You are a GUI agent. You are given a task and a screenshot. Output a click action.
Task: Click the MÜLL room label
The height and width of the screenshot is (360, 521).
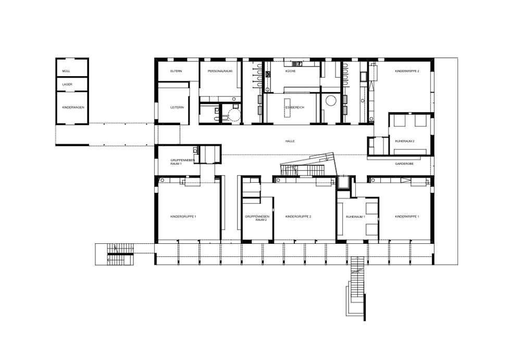66,71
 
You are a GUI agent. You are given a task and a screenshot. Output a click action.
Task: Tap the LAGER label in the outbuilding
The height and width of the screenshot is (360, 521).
67,84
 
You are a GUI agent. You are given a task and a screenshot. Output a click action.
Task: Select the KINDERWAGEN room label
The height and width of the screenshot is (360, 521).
73,108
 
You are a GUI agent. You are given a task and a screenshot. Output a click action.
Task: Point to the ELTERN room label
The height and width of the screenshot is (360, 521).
176,71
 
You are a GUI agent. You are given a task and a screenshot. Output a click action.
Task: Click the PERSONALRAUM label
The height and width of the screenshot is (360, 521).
220,71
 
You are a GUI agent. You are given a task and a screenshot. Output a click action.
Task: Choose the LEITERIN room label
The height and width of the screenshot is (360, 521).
177,108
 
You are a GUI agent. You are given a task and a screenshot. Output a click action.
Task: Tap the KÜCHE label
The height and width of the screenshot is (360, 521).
290,71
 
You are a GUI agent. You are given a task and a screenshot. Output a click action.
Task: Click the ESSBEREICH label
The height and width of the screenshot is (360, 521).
295,108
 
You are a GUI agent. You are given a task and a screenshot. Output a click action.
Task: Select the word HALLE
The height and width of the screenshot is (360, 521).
290,141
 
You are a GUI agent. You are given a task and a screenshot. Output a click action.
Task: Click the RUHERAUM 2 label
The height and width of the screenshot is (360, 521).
405,141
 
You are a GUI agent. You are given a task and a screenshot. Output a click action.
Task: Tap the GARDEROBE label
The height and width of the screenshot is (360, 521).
404,164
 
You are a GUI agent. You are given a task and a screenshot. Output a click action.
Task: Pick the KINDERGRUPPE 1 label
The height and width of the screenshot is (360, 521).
183,217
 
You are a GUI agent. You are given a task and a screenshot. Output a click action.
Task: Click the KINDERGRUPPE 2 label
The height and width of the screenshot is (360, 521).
298,217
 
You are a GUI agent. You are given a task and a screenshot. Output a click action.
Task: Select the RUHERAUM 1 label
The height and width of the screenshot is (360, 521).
355,217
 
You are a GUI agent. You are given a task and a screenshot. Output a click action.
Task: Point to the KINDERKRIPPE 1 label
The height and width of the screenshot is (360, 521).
407,217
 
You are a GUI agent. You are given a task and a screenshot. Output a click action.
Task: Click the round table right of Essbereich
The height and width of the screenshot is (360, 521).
331,101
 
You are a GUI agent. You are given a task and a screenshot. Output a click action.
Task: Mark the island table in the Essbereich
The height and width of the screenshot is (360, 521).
288,108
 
